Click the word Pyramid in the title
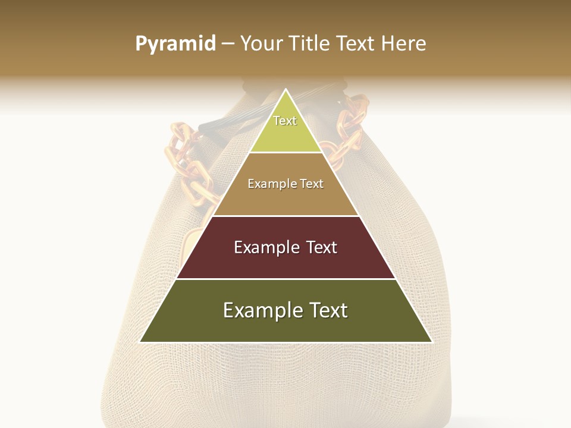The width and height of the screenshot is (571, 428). tap(175, 44)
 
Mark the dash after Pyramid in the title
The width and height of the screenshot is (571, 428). tap(227, 44)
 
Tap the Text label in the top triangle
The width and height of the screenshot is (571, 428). tap(285, 121)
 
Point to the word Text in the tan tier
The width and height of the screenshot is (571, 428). tap(312, 184)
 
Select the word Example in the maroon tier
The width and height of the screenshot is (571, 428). tap(266, 247)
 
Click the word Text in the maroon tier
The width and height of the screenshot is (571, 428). tap(322, 247)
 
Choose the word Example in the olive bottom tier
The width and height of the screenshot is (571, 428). tap(262, 310)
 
